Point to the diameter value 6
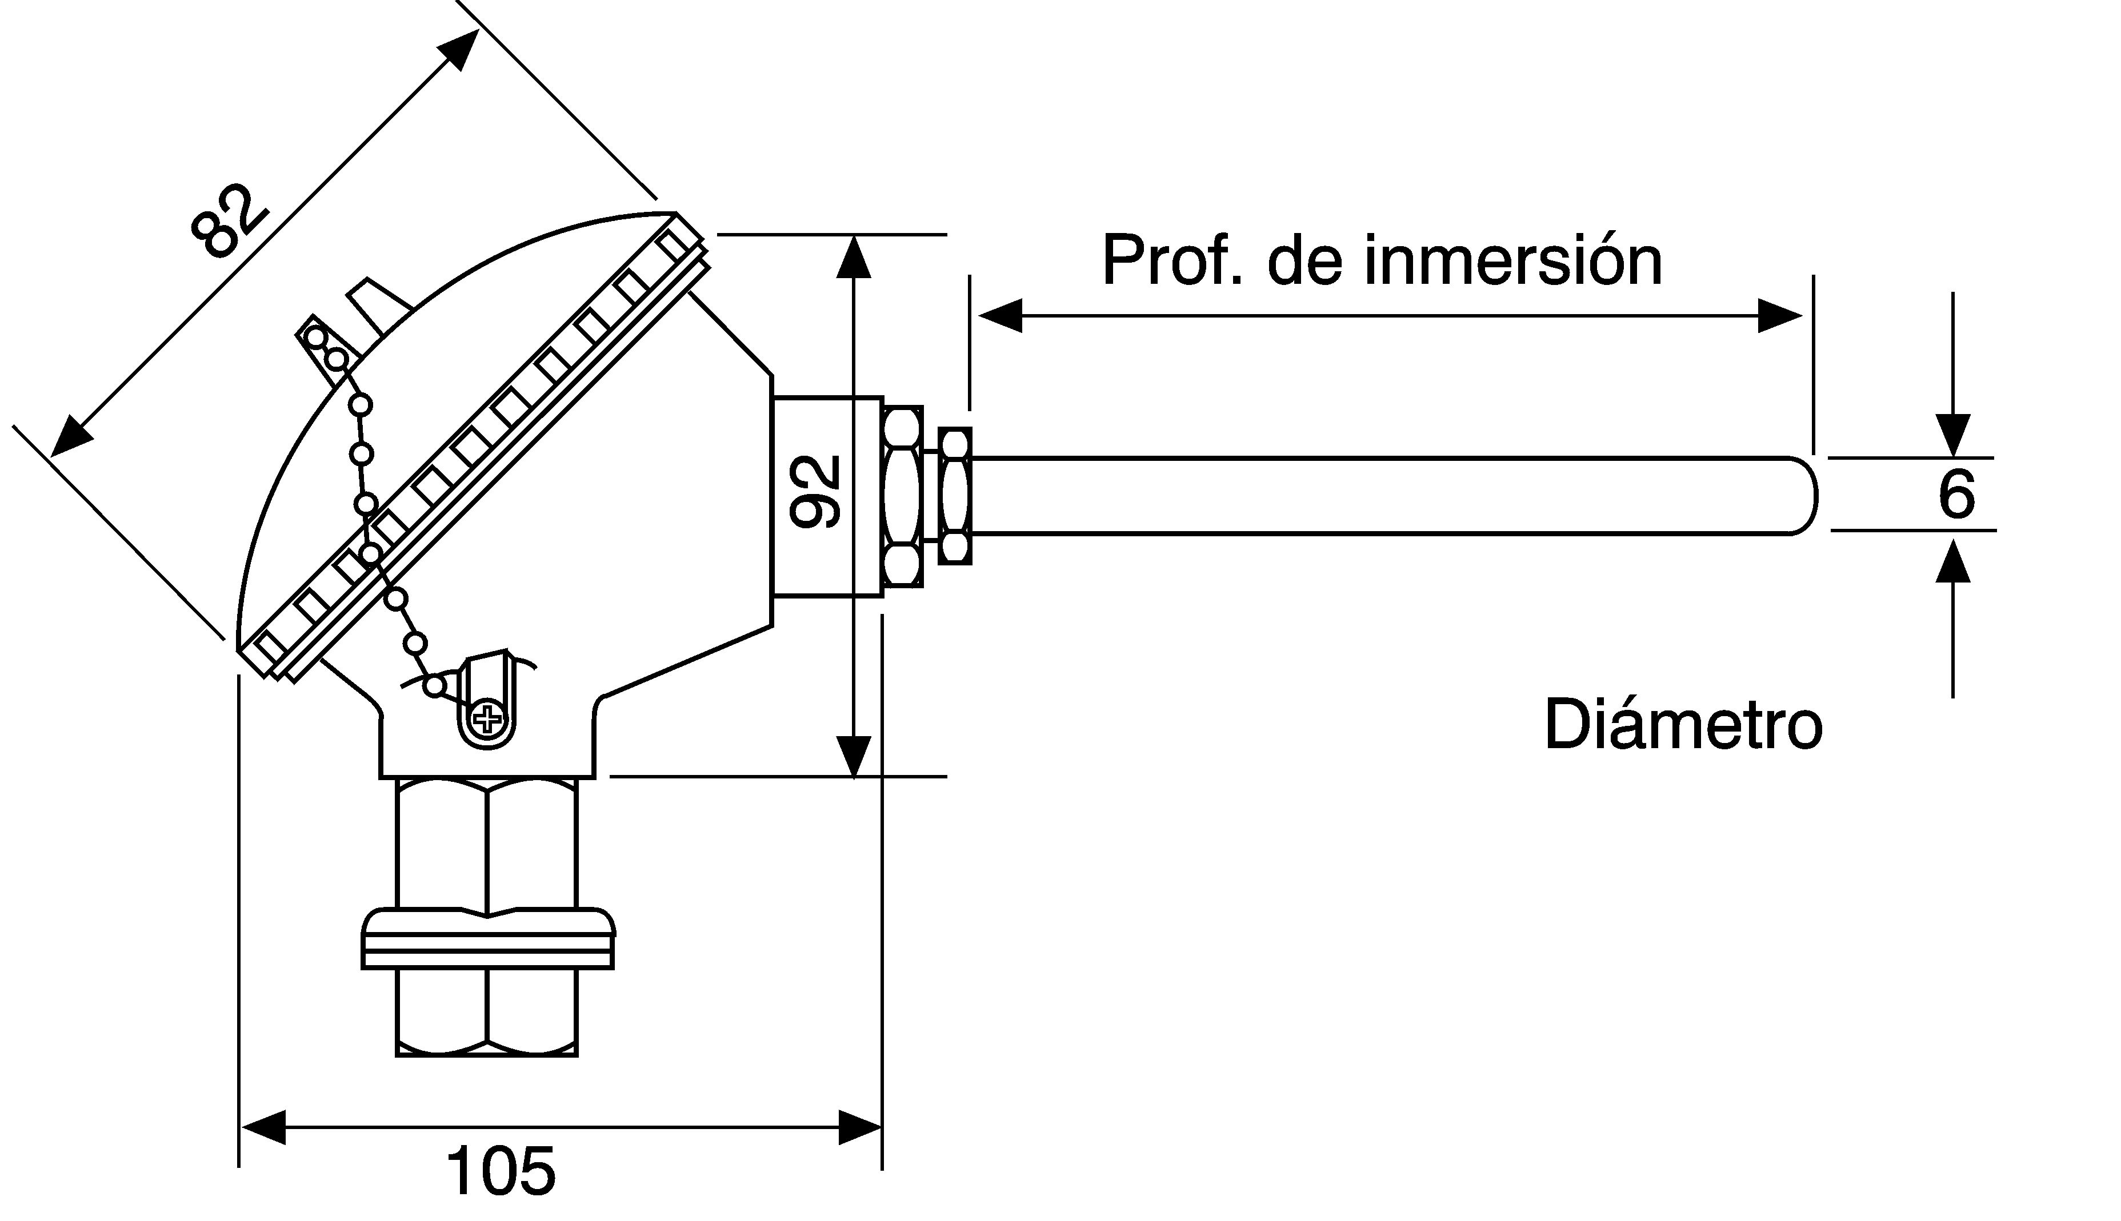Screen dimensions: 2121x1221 click(1956, 494)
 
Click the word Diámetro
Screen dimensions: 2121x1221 click(1683, 724)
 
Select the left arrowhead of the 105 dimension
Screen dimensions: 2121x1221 click(263, 1127)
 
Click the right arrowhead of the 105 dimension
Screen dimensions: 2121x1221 click(860, 1127)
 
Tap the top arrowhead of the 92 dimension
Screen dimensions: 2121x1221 click(853, 256)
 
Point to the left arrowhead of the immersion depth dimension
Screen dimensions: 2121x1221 click(1000, 315)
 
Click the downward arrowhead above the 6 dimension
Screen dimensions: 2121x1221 click(1952, 436)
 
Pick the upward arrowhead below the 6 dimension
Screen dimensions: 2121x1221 click(1952, 560)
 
